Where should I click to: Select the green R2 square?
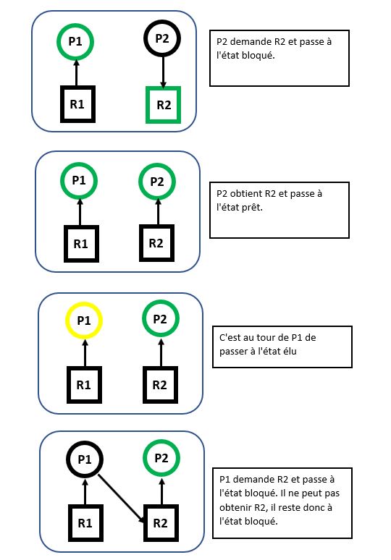click(164, 104)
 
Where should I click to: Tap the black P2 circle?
click(164, 38)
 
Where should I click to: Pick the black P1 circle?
click(85, 459)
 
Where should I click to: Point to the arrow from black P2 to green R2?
click(164, 71)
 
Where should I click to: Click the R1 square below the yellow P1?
click(85, 384)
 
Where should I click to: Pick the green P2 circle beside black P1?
click(161, 457)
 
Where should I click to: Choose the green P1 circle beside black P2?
click(75, 42)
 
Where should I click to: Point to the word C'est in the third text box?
click(232, 338)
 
